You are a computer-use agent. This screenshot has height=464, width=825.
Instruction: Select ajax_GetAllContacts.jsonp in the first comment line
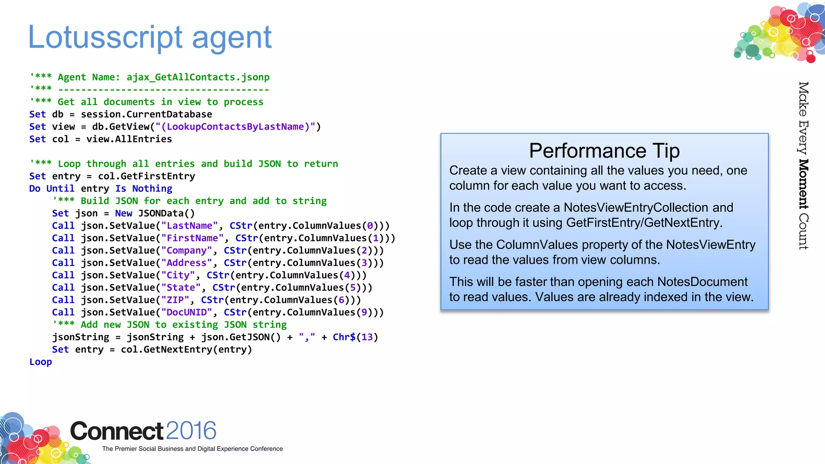(198, 77)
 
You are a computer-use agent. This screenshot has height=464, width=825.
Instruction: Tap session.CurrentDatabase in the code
(146, 114)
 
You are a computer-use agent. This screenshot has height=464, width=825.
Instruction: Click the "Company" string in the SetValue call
(186, 251)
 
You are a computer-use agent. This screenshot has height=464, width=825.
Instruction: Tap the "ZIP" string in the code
(175, 300)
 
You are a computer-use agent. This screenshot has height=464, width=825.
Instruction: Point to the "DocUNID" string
(186, 313)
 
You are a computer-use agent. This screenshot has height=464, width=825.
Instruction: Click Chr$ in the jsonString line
(344, 338)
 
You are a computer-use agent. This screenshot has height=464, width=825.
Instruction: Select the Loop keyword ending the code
(40, 362)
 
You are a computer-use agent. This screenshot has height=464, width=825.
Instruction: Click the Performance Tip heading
(604, 151)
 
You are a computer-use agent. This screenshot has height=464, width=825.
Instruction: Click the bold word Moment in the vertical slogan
(803, 184)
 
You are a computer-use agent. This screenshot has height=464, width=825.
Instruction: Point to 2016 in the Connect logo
(191, 431)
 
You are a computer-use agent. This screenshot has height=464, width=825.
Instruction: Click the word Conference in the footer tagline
(266, 449)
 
